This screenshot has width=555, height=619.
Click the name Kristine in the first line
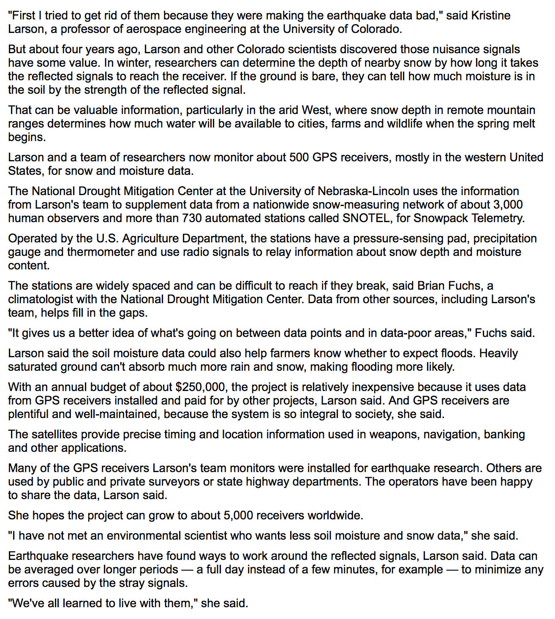[x=490, y=16]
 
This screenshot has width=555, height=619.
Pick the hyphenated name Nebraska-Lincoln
[x=363, y=191]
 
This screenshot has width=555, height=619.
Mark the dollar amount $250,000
[x=201, y=387]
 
